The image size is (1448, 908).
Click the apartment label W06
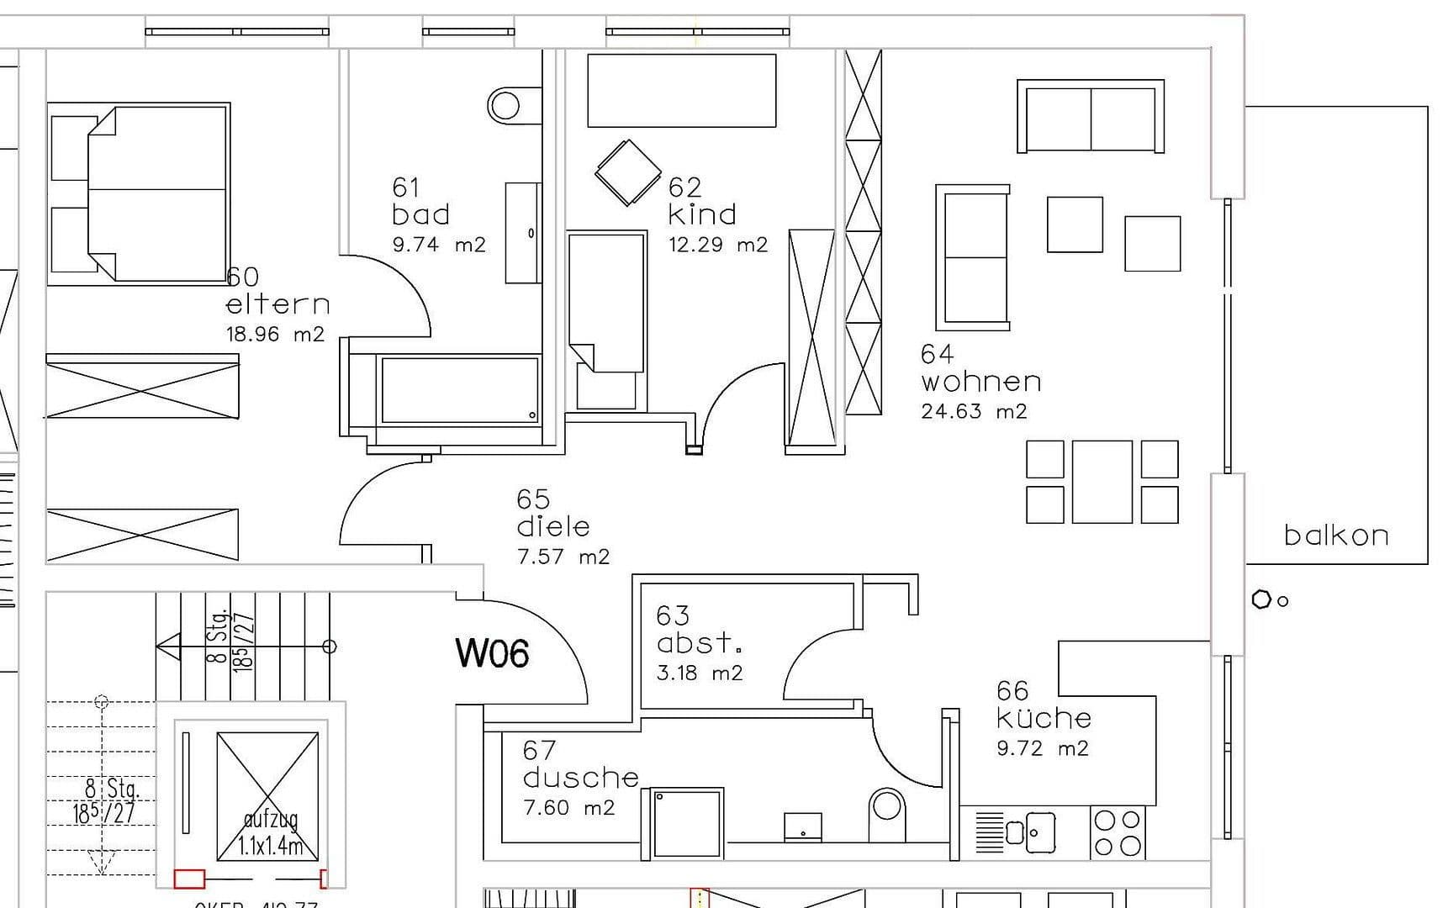492,653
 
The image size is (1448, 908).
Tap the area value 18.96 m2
274,335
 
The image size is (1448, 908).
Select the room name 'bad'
420,214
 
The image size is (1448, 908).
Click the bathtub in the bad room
459,389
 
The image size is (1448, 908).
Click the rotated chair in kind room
627,172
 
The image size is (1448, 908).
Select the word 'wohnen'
980,383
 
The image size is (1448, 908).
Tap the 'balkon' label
1335,536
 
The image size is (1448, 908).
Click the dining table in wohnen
1102,482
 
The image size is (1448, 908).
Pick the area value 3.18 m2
699,673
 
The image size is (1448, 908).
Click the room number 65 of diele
533,499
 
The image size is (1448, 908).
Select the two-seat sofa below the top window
1091,116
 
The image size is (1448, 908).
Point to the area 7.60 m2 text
568,808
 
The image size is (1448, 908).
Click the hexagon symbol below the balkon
1260,599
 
